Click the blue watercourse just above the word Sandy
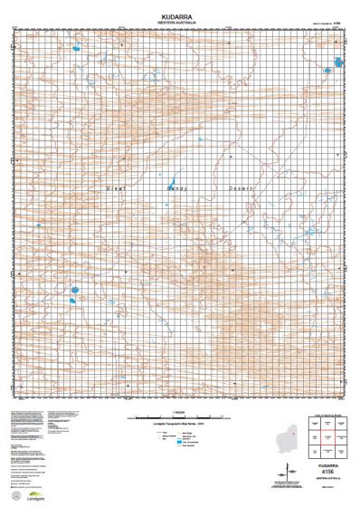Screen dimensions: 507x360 click(x=175, y=178)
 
